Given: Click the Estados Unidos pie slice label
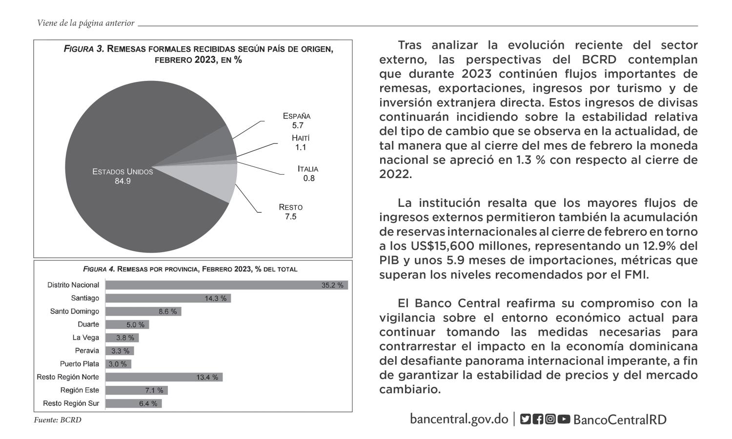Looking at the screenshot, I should point(122,176).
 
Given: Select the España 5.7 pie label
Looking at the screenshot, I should point(297,120).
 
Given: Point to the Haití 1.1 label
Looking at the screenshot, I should point(301,142).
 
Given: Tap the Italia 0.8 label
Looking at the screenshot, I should point(308,174).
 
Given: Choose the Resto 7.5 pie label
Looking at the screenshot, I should point(291,212).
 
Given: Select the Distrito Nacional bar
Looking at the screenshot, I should point(226,285).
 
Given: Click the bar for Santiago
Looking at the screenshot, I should point(168,298).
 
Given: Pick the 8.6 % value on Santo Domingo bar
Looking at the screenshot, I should point(167,311).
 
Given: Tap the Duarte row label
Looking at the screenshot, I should point(88,324).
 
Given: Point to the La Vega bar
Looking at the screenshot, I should point(122,338).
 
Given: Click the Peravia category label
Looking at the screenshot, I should point(87,351).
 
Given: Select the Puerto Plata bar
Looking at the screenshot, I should point(118,364).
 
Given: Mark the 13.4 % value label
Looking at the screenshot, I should point(207,377).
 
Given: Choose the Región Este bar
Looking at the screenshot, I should point(137,390).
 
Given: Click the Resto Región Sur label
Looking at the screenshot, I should point(71,403).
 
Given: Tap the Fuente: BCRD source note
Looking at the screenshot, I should point(58,420).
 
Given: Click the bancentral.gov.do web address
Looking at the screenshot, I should point(459,419).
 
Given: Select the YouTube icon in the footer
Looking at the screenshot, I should point(564,419).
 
